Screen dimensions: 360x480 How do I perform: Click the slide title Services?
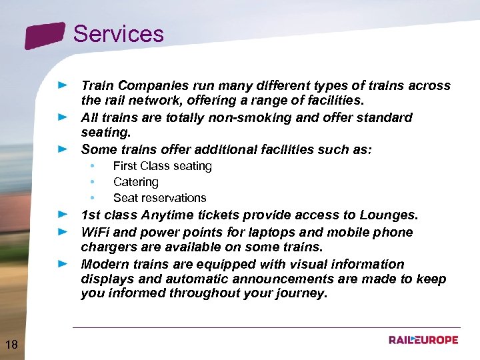pos(118,34)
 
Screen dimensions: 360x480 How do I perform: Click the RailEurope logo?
pos(423,340)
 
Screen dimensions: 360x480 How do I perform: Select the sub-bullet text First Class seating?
pos(162,166)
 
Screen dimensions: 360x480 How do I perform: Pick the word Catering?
pos(135,182)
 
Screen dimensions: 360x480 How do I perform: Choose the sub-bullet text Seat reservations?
pos(159,198)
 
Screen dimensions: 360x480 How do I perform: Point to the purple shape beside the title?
pos(45,35)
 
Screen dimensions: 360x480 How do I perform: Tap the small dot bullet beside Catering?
pos(93,182)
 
